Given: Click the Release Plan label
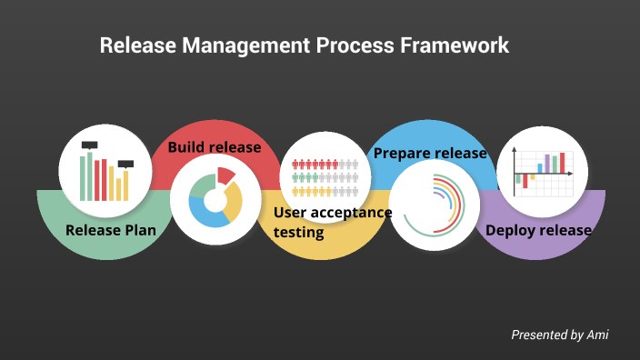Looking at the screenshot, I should pos(111,230).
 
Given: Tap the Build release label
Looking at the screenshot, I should pos(215,147).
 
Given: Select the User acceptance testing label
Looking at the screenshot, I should pos(332,222).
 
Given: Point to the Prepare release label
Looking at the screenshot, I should pos(431,153).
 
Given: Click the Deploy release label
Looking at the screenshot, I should pos(538,230).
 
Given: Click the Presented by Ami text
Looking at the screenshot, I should pos(559,335).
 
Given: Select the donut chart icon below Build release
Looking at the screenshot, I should pos(215,198).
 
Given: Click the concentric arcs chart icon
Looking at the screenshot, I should pos(435,205).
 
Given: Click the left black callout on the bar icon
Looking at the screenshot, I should pos(89,145).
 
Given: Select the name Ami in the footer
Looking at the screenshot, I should pos(597,335).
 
